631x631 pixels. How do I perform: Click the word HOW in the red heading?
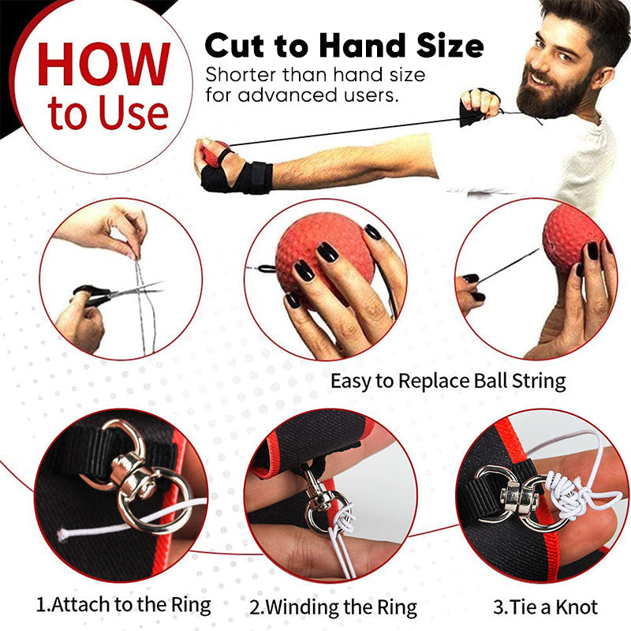103,64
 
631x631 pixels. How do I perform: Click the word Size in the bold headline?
450,46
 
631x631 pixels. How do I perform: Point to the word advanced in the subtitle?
287,95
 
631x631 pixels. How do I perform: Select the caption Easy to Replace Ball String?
448,381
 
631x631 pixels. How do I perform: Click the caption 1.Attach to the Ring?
124,605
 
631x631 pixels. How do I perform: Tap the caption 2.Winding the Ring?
333,607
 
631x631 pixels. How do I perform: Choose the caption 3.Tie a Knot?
546,607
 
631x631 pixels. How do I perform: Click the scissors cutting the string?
117,293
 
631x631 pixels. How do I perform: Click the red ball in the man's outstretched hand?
213,153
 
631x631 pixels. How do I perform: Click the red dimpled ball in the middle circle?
318,258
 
